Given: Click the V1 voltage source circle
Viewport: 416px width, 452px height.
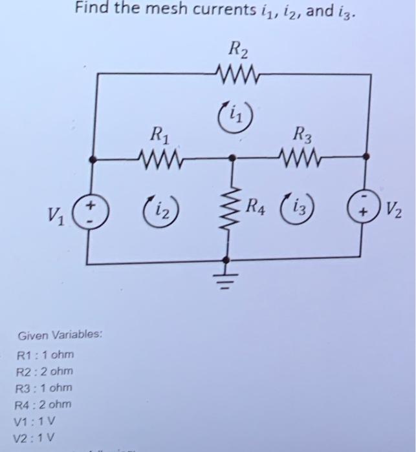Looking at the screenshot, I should click(91, 212).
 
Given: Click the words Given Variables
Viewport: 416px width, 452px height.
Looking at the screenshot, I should click(60, 336).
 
